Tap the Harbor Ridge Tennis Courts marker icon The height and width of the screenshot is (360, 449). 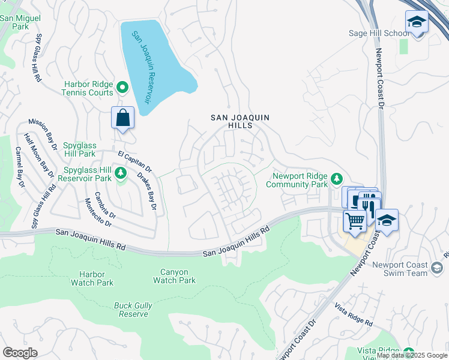pos(122,88)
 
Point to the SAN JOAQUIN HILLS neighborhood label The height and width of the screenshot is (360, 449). pos(240,121)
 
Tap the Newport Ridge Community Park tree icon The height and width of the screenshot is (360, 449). pos(337,178)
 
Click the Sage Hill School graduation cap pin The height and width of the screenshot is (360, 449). pos(416,23)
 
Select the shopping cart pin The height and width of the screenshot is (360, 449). pos(355,221)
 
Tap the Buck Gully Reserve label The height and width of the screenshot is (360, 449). pos(131,310)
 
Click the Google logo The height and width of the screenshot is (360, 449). pos(20,353)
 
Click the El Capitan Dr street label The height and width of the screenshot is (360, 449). pos(134,161)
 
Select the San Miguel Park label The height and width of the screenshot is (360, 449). pos(21,22)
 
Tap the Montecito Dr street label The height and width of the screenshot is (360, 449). pos(100,214)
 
